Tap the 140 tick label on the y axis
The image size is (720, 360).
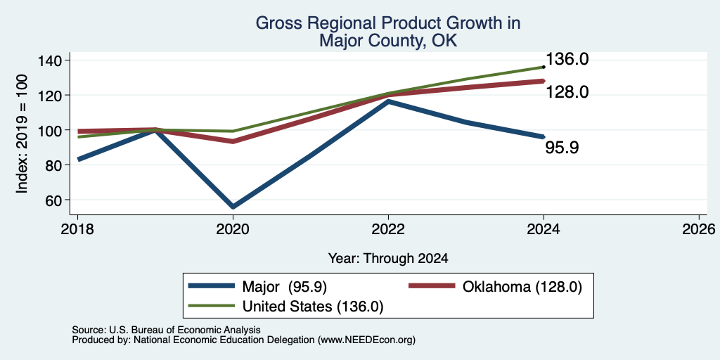[x=52, y=60]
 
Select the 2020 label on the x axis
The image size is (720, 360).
[x=233, y=229]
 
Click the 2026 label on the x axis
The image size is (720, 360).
[x=699, y=229]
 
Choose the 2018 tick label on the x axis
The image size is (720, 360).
[x=77, y=229]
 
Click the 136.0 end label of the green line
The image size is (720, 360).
[x=567, y=59]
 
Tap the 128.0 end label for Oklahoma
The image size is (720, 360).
[x=567, y=93]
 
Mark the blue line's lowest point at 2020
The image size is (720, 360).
[x=233, y=207]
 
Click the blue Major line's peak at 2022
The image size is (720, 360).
[x=388, y=101]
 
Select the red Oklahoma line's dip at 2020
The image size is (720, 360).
[x=233, y=141]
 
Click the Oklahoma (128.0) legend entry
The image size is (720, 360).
[x=496, y=287]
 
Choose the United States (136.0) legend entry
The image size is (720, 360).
[x=286, y=307]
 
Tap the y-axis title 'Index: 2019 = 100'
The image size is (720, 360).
[x=22, y=134]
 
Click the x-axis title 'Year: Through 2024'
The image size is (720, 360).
[x=388, y=259]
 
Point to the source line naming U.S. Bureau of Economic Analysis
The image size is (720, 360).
[x=166, y=330]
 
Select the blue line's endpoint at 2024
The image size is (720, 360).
[x=544, y=137]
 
